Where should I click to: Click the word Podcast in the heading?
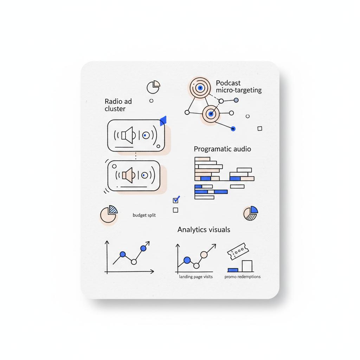click(228, 83)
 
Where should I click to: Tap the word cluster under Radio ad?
click(115, 109)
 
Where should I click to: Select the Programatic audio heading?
click(222, 149)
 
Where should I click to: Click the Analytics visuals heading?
click(204, 230)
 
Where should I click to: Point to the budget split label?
click(144, 215)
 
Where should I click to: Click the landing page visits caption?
click(196, 277)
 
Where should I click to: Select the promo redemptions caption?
click(243, 277)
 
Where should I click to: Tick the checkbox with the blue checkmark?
click(176, 200)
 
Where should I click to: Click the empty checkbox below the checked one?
click(176, 210)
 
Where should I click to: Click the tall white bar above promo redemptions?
click(247, 266)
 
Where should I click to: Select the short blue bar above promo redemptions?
click(233, 270)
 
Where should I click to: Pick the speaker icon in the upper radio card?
click(127, 135)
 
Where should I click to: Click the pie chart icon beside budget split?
click(109, 214)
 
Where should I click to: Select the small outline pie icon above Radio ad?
click(153, 87)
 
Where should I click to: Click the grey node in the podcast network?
click(236, 100)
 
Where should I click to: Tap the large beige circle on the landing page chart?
click(204, 254)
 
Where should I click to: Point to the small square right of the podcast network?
click(260, 129)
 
